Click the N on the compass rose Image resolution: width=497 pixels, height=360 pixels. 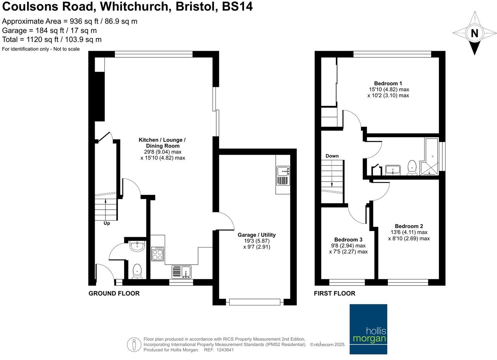coord(474,34)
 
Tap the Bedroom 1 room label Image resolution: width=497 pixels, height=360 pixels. coord(388,83)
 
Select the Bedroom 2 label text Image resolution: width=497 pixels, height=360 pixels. coord(409,226)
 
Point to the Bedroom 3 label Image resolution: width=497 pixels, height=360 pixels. coord(348,240)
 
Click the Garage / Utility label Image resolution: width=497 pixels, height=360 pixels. coord(257,235)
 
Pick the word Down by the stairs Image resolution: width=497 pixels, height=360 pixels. coord(332,156)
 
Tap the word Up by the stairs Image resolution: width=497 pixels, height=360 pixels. coord(107,223)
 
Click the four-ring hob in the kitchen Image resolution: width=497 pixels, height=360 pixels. coord(158,254)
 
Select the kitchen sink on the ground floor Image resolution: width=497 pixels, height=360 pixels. coord(181,272)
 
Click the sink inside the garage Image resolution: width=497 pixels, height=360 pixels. coord(283,176)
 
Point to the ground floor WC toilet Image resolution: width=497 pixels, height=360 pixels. coord(137,271)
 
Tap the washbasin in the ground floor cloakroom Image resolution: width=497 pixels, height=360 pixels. coord(138,246)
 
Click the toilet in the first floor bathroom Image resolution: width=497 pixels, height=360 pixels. coord(412,167)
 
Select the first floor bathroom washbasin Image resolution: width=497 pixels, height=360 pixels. coord(393,170)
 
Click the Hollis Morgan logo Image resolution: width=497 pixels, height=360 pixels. coord(368,329)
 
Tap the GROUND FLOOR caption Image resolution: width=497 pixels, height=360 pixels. coord(114,293)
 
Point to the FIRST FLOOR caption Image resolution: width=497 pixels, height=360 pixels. coord(335,293)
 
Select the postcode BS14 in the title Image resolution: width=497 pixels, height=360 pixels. coord(237,7)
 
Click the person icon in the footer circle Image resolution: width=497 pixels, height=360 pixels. coord(134,345)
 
